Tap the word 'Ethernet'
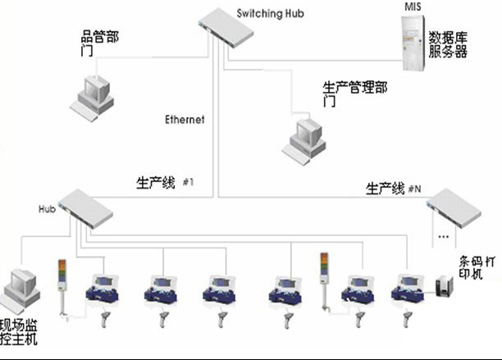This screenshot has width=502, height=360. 185,120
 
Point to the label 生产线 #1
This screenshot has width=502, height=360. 165,180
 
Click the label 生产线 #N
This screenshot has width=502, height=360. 393,189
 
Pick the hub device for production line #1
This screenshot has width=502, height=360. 84,209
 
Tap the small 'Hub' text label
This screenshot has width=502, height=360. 46,209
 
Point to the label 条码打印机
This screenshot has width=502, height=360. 477,271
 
